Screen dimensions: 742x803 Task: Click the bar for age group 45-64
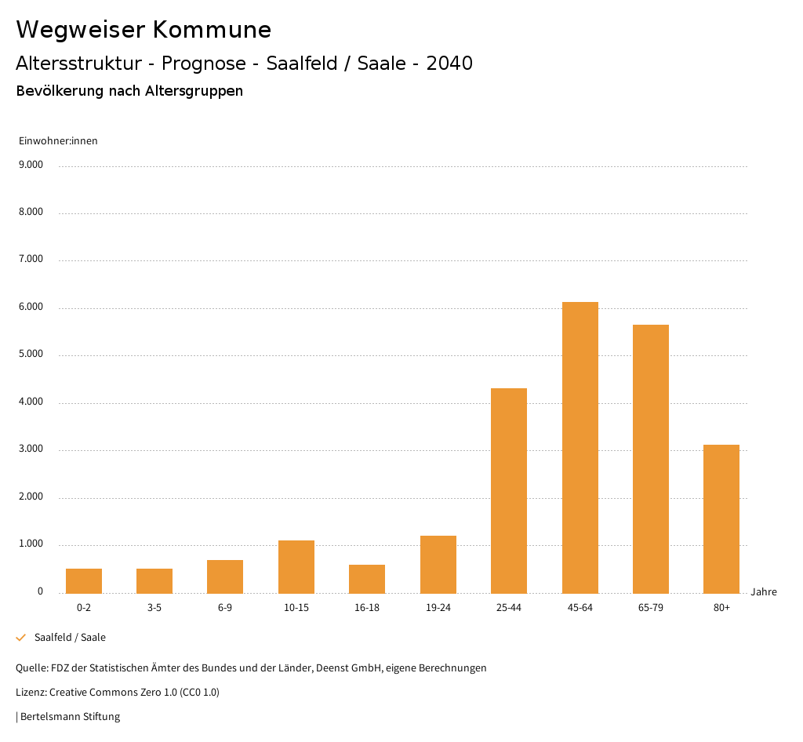[580, 447]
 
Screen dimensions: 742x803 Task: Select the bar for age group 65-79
[650, 459]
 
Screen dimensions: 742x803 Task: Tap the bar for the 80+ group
[721, 518]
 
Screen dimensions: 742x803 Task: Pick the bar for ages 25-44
[509, 490]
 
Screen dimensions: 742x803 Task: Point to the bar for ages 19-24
[438, 564]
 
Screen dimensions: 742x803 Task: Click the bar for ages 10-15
[296, 566]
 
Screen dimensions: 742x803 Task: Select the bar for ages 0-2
[84, 580]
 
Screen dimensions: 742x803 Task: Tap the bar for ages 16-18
[367, 579]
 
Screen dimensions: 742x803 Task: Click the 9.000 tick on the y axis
[31, 165]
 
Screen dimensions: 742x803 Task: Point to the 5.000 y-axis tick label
[31, 355]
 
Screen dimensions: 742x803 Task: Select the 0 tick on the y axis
[40, 592]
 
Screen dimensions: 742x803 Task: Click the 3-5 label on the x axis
[154, 608]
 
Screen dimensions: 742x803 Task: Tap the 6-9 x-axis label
[225, 608]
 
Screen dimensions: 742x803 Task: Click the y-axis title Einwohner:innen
[58, 141]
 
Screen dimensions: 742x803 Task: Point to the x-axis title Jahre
[764, 592]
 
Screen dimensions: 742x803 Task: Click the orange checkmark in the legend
[21, 638]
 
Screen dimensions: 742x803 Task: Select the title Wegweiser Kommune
[144, 30]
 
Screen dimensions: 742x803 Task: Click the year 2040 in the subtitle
[449, 64]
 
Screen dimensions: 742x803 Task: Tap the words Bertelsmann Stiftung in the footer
[70, 717]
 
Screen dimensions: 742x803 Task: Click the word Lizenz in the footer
[31, 693]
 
